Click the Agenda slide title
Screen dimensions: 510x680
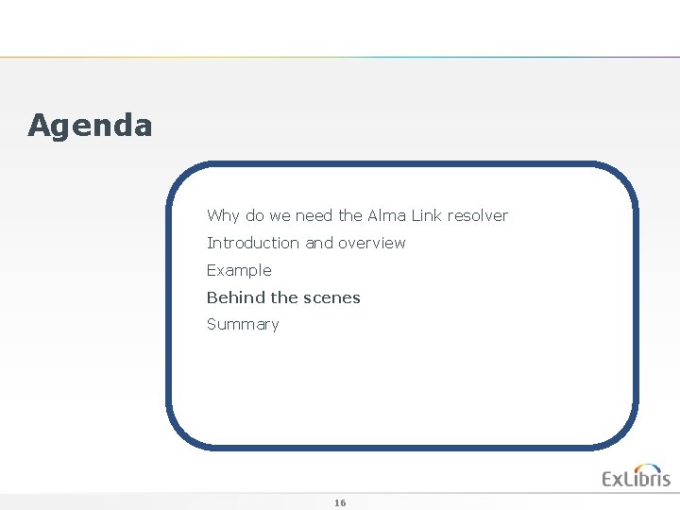point(90,125)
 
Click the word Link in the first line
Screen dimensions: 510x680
point(427,215)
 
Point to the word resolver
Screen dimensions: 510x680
point(478,215)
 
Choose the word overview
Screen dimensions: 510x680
point(372,243)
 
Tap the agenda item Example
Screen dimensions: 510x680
point(239,270)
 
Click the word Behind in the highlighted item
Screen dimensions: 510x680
point(236,297)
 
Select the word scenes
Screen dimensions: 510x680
point(332,297)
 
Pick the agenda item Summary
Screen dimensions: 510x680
point(243,325)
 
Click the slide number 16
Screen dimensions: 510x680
point(340,502)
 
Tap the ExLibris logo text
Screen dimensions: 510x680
point(636,479)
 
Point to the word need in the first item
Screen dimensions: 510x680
point(314,215)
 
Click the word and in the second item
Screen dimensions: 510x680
point(319,243)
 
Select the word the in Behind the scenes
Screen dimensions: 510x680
point(284,297)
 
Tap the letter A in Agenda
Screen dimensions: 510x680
point(39,125)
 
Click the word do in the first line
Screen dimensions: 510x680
point(255,215)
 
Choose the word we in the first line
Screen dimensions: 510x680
point(280,215)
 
